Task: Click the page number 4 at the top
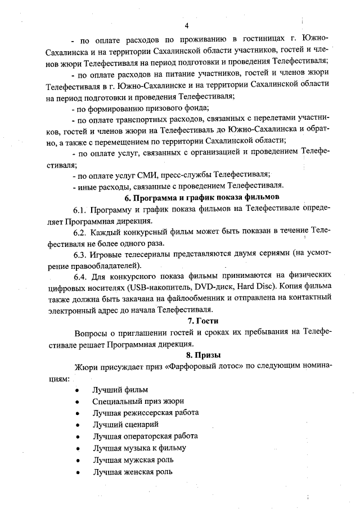point(186,26)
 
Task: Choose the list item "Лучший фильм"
point(120,390)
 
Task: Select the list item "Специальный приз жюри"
point(138,402)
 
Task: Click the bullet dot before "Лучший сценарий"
point(75,425)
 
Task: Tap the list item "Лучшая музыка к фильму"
point(139,448)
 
